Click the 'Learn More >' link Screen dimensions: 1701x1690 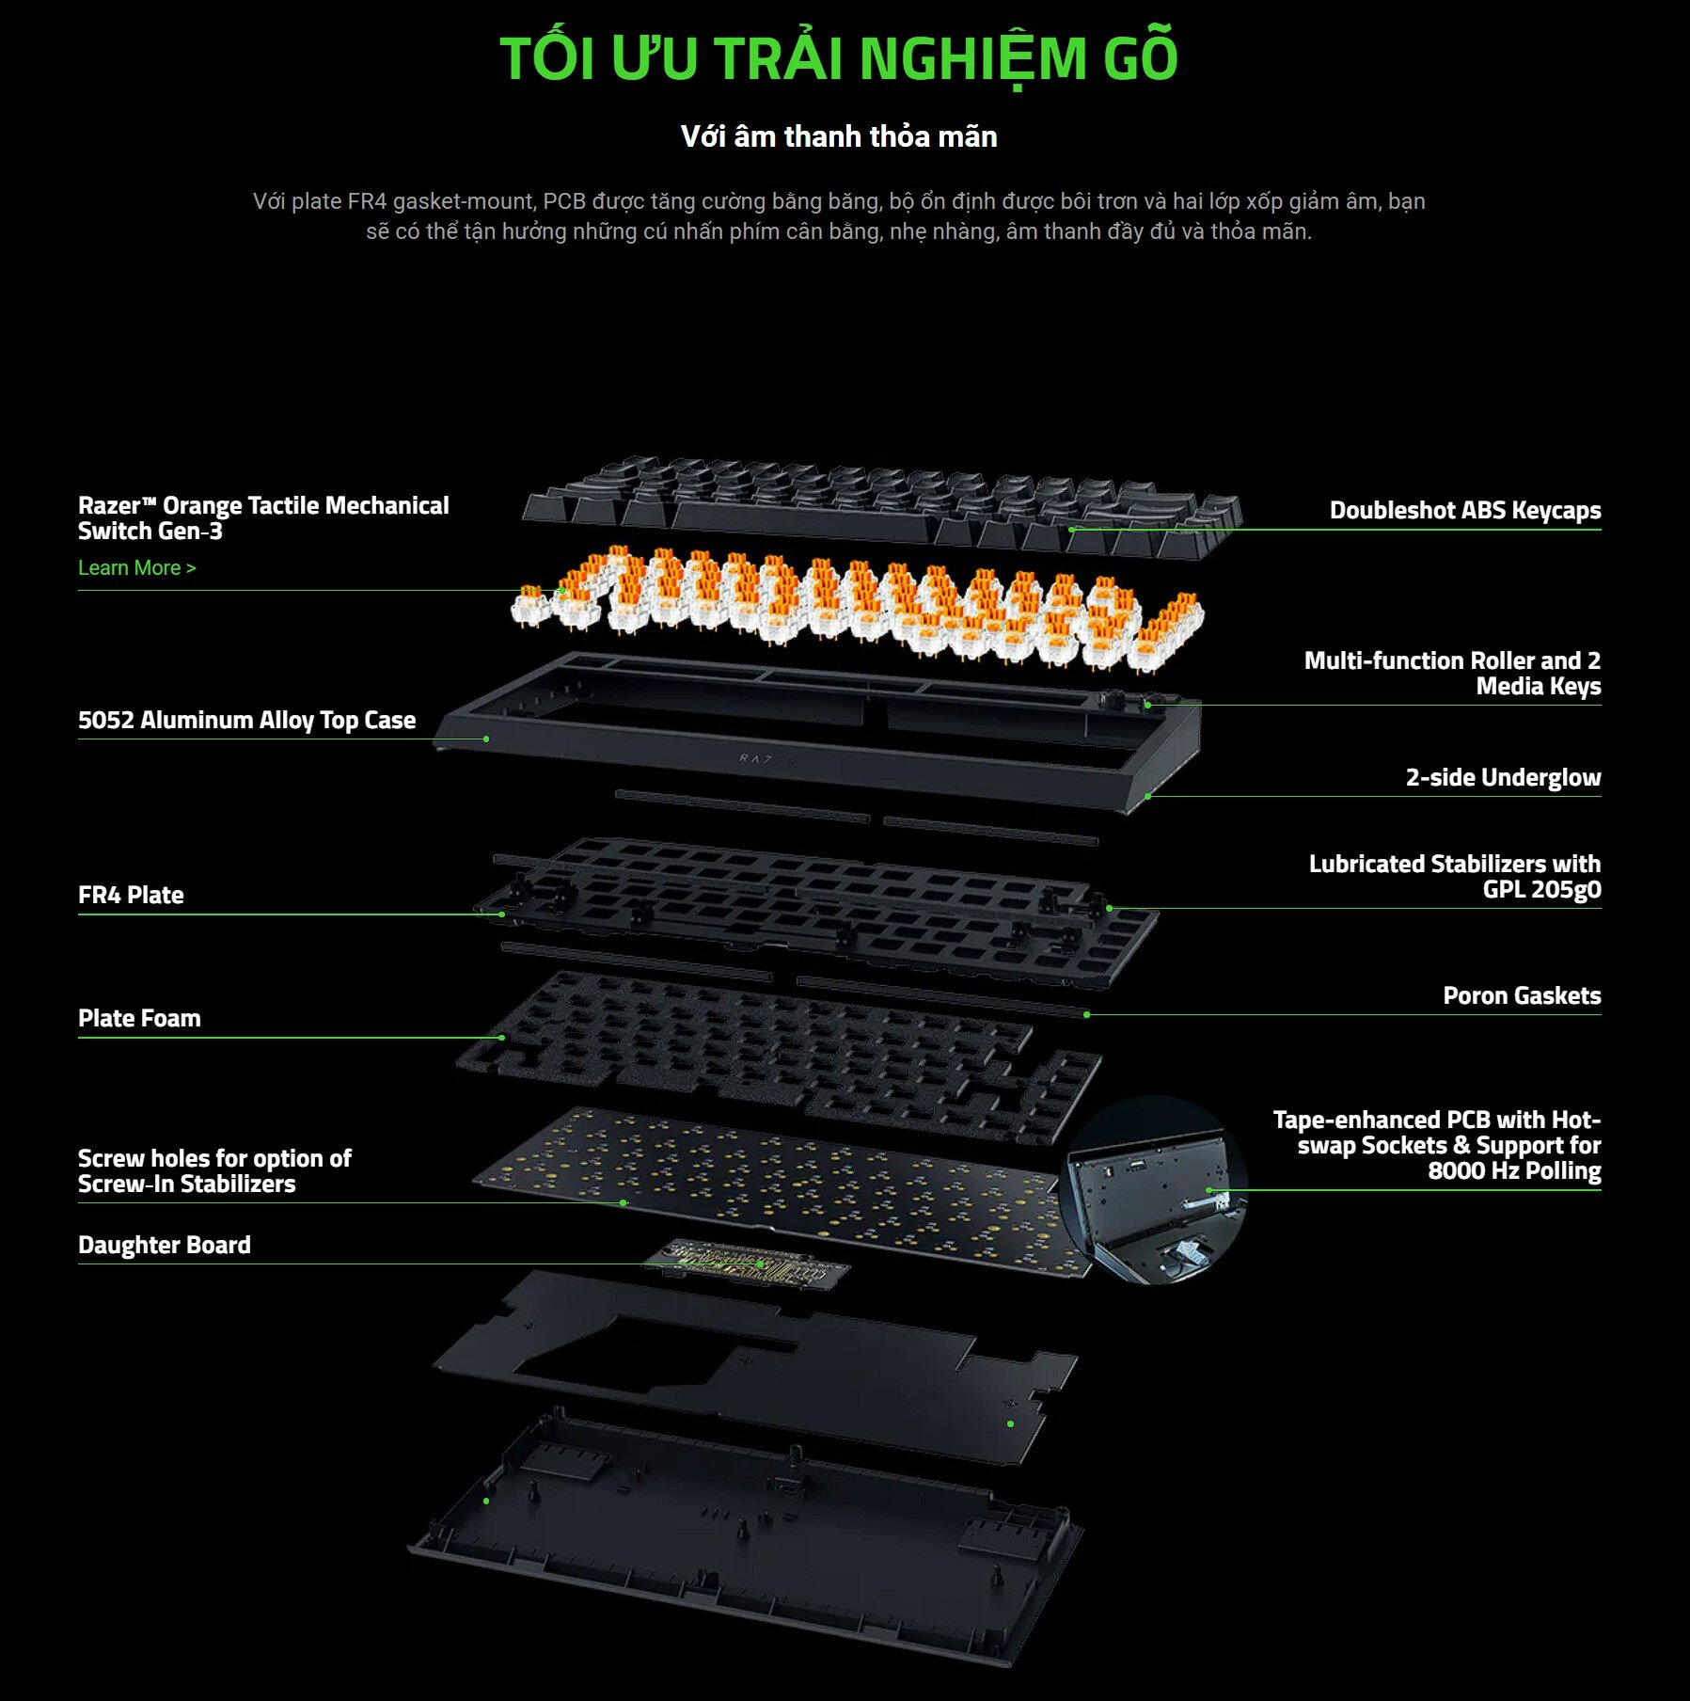[136, 568]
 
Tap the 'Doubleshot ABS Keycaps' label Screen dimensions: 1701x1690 [1464, 511]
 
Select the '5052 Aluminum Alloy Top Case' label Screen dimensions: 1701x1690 [246, 721]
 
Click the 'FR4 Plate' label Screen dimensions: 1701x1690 [131, 896]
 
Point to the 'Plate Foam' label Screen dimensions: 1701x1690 [139, 1019]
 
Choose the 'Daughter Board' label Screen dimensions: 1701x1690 [165, 1246]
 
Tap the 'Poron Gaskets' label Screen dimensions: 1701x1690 [1521, 996]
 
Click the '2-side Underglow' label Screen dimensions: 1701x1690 [1502, 778]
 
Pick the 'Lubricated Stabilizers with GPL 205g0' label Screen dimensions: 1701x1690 [1454, 877]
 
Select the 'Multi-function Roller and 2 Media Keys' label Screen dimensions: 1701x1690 [1451, 674]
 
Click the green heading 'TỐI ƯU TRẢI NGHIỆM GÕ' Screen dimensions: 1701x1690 [838, 58]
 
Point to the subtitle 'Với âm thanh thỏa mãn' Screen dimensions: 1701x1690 [838, 137]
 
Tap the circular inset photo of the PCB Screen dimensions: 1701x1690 [1153, 1190]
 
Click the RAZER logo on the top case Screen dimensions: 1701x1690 [766, 759]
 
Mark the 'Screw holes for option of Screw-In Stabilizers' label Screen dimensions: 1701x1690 [214, 1171]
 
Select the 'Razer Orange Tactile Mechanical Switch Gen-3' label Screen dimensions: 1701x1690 [263, 518]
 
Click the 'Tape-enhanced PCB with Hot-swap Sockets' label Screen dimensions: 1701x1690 [1436, 1146]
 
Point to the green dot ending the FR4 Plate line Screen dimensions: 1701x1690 [502, 914]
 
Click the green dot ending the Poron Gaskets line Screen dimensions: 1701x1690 [1086, 1015]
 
